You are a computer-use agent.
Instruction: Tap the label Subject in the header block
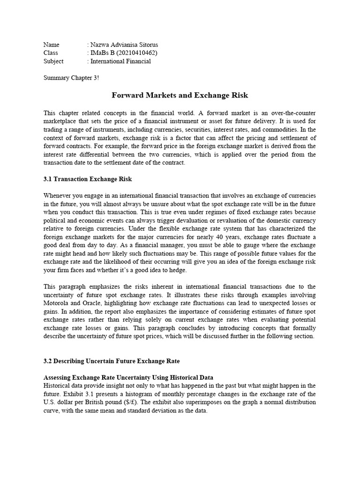(x=53, y=61)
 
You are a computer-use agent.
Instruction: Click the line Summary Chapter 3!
(x=71, y=77)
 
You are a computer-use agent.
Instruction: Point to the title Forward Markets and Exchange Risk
(x=180, y=96)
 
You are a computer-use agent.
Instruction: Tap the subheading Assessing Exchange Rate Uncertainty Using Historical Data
(x=128, y=377)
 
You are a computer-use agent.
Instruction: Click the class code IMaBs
(x=100, y=53)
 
